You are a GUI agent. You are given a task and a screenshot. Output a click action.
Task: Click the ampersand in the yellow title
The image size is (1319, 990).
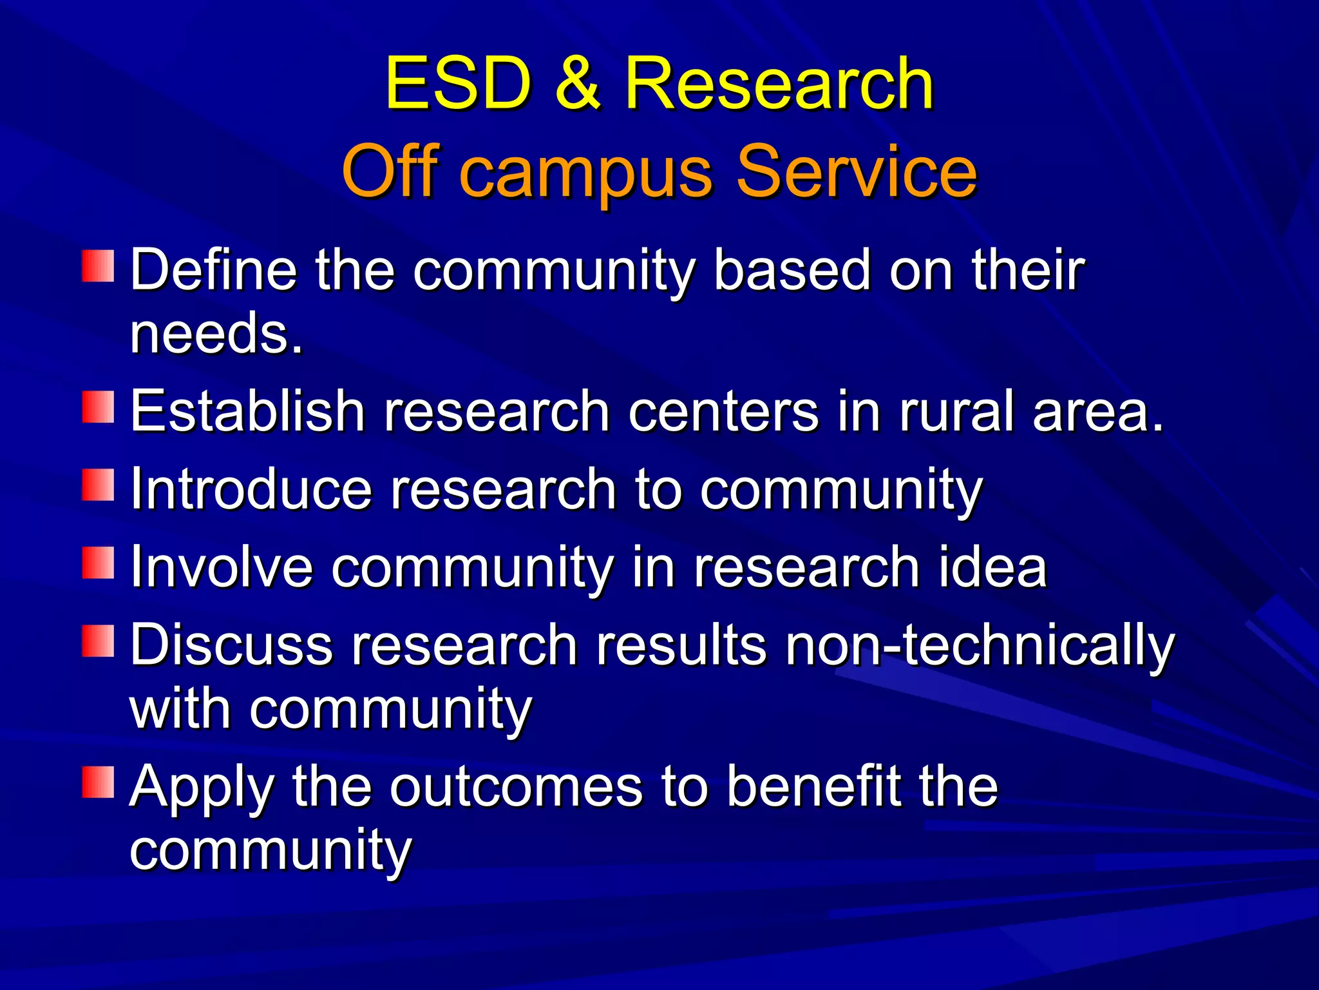point(578,84)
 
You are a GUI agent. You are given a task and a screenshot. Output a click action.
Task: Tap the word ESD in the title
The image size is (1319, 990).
point(459,84)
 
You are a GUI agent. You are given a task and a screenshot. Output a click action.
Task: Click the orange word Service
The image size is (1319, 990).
point(856,171)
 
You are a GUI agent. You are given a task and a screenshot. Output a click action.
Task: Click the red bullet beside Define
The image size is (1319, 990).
point(98,267)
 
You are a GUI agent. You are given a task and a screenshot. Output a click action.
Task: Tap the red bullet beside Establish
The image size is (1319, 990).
point(98,407)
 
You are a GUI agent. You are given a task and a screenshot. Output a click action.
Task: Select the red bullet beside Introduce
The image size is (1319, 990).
point(98,485)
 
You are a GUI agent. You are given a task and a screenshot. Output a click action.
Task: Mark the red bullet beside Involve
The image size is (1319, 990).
point(98,563)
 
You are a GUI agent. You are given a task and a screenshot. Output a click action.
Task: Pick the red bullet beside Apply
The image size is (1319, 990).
point(98,782)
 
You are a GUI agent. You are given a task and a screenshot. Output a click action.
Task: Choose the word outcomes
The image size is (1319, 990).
point(516,788)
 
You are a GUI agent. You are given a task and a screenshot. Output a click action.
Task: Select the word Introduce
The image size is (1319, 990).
point(251,490)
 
